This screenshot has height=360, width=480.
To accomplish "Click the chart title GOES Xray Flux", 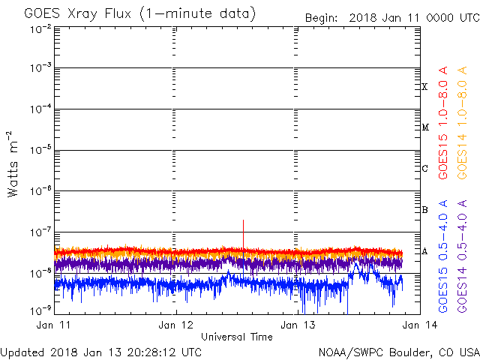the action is pos(77,13).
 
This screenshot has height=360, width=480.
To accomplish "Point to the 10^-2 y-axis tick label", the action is pos(40,30).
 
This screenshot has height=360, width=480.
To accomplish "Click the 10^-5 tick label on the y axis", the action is pos(40,150).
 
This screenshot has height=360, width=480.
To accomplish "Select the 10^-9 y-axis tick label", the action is pos(40,310).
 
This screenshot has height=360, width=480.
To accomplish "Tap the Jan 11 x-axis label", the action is pos(53,325).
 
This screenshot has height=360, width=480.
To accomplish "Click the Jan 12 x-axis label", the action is pos(175,325).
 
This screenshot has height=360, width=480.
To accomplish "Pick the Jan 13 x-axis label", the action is pos(298,325).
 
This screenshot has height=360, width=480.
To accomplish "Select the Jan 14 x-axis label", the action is pos(420,325).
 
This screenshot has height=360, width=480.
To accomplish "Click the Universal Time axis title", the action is pos(237,337).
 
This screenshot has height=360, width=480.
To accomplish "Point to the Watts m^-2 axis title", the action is pos(13,164).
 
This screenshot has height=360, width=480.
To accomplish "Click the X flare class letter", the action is pos(424,87).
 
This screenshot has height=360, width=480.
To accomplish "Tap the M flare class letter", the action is pos(425,127).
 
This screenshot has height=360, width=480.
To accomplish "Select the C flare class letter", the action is pos(424,168).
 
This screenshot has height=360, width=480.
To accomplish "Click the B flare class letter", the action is pos(424,210).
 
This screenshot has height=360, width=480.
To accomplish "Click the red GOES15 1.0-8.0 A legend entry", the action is pos(443,123).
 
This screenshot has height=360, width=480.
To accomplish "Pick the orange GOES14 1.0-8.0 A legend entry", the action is pos(462,123).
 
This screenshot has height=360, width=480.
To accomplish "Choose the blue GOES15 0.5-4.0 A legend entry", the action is pos(443,256).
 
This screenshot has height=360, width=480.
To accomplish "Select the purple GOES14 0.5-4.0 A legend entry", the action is pos(462,256).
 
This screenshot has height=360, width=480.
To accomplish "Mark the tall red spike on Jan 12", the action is pos(243,234).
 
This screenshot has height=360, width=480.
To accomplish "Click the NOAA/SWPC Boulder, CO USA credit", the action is pos(399,352).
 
